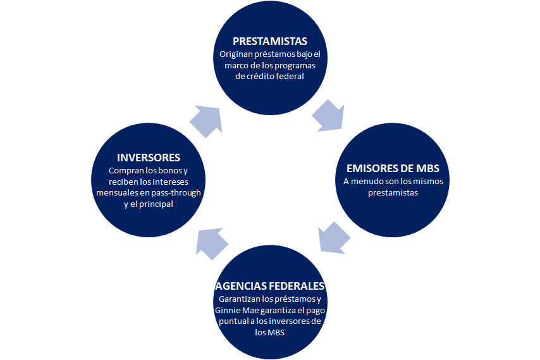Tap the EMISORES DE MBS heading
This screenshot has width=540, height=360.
(393, 168)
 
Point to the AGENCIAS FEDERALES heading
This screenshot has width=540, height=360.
(270, 285)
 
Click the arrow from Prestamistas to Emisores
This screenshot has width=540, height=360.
(329, 114)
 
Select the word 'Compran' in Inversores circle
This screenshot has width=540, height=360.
(125, 171)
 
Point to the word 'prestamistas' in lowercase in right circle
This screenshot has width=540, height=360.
(393, 193)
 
